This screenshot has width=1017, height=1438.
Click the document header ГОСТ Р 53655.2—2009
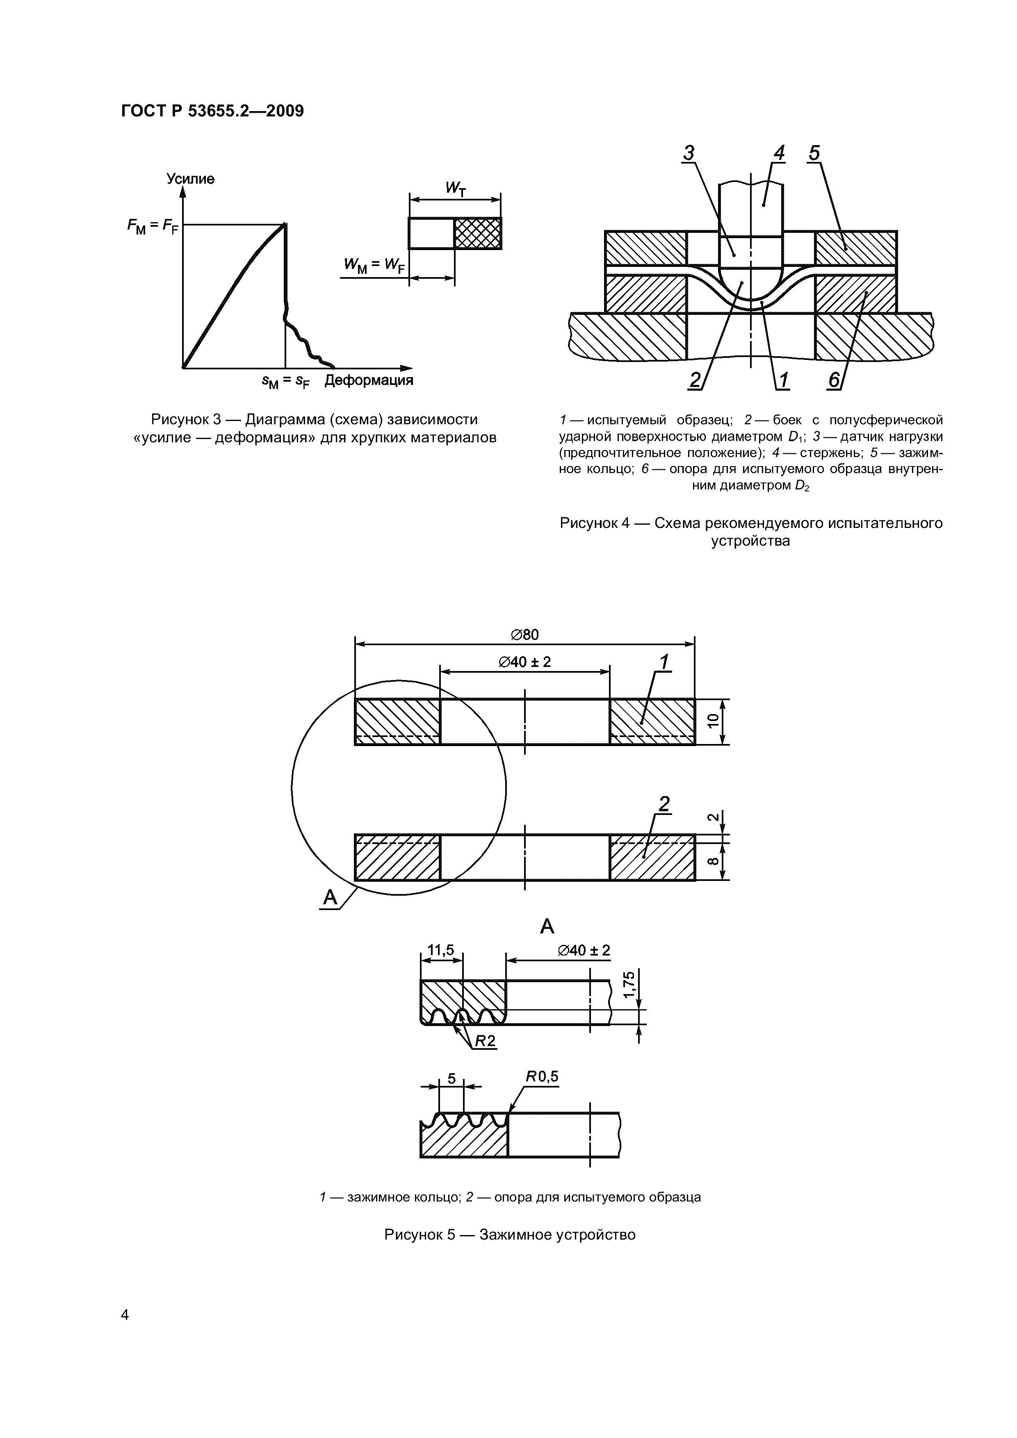(212, 111)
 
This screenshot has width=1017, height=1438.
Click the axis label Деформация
(368, 380)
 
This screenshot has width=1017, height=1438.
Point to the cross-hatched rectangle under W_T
(477, 233)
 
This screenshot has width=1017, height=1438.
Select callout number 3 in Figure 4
(689, 153)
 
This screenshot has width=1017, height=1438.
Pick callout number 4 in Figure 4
(779, 153)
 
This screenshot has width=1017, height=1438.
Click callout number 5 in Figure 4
(814, 153)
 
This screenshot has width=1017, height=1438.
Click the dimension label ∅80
(524, 635)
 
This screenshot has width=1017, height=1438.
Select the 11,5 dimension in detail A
(440, 950)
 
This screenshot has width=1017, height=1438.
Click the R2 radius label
(484, 1041)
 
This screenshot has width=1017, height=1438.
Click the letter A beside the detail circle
(330, 898)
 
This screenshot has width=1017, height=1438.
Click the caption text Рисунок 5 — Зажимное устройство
(509, 1234)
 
